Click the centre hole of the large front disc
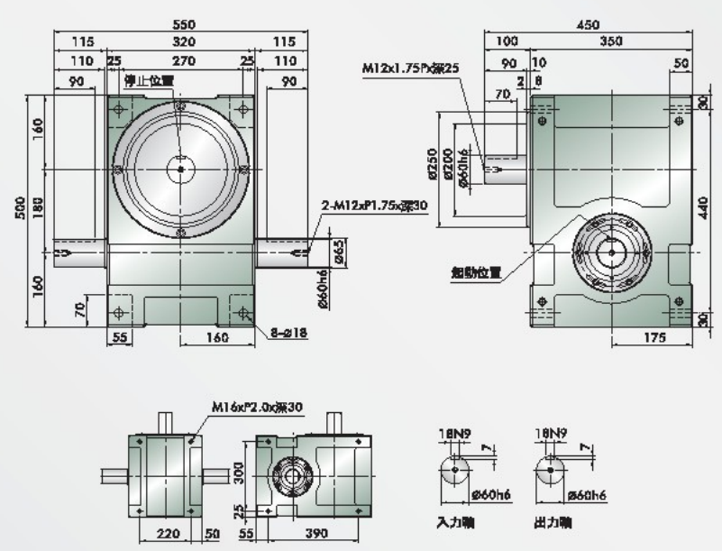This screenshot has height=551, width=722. click(x=181, y=169)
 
